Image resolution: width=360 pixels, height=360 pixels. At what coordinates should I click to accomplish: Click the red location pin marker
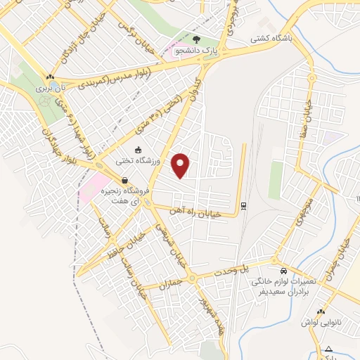click(181, 165)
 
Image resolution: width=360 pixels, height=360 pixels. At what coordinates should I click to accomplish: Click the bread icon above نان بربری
click(50, 77)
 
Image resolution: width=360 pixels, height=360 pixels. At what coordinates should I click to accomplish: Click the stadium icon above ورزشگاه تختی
click(138, 150)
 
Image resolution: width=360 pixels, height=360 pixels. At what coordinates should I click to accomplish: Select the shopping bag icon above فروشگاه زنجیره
click(124, 179)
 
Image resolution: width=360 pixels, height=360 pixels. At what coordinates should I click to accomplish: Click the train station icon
click(243, 205)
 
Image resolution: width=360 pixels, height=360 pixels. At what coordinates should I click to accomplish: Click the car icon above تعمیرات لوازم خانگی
click(283, 271)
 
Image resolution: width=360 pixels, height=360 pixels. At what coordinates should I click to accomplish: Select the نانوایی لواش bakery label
click(321, 321)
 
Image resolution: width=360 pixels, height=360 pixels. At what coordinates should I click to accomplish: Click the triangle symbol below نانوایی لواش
click(328, 348)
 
